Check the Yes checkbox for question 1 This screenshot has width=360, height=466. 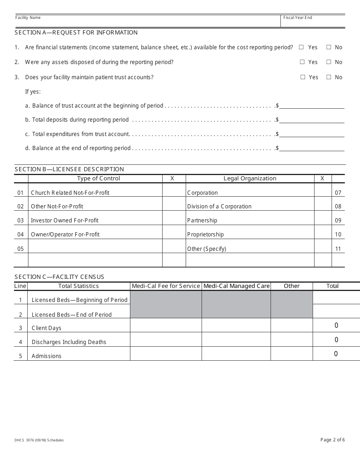pos(301,47)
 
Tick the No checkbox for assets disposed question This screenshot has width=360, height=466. pos(329,62)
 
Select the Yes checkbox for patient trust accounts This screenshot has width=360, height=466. pos(303,77)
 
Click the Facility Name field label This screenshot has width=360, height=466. pos(28,18)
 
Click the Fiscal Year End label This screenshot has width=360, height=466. pos(298,18)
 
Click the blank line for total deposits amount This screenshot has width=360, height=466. pos(311,120)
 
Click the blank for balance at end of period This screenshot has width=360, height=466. pos(311,148)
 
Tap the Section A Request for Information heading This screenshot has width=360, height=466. pos(76,33)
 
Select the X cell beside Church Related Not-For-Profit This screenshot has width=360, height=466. pos(174,190)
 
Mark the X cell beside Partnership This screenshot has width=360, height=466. pos(323,218)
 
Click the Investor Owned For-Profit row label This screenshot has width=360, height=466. pos(65,220)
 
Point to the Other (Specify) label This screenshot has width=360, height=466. pos(207,249)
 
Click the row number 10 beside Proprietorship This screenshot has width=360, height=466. pos(338,235)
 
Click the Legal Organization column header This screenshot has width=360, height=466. pos(250,178)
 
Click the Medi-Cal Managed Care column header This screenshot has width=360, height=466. pos(236,286)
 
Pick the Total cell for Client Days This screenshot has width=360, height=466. pos(336,325)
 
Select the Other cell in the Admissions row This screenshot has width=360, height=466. pos(291,353)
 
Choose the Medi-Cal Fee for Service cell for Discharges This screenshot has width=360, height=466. pos(166,339)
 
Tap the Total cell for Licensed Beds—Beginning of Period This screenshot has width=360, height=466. pos(336,297)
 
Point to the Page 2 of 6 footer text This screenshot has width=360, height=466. pos(332,440)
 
